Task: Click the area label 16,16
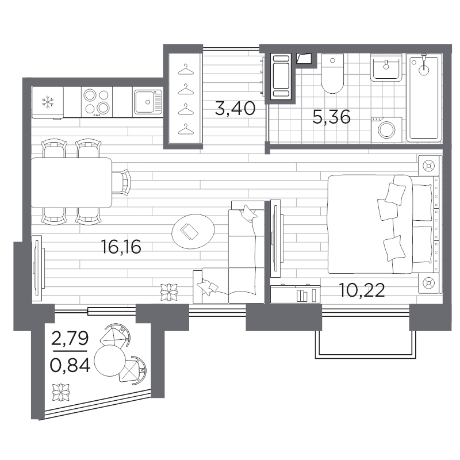point(121,247)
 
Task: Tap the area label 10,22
point(362,290)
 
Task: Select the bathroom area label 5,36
point(332,117)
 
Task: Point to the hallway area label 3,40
point(235,108)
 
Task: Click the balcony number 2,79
point(70,338)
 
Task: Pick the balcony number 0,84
point(70,365)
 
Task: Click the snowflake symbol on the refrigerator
point(48,102)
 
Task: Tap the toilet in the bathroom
point(332,74)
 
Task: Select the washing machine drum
point(386,130)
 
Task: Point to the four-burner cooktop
point(97,102)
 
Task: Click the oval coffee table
point(193,231)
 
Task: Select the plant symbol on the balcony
point(62,392)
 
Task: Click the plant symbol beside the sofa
point(169,292)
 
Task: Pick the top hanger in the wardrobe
point(186,70)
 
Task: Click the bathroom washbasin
point(386,67)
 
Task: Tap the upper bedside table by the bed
point(428,166)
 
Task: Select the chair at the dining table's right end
point(121,182)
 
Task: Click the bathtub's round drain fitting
point(424,71)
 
